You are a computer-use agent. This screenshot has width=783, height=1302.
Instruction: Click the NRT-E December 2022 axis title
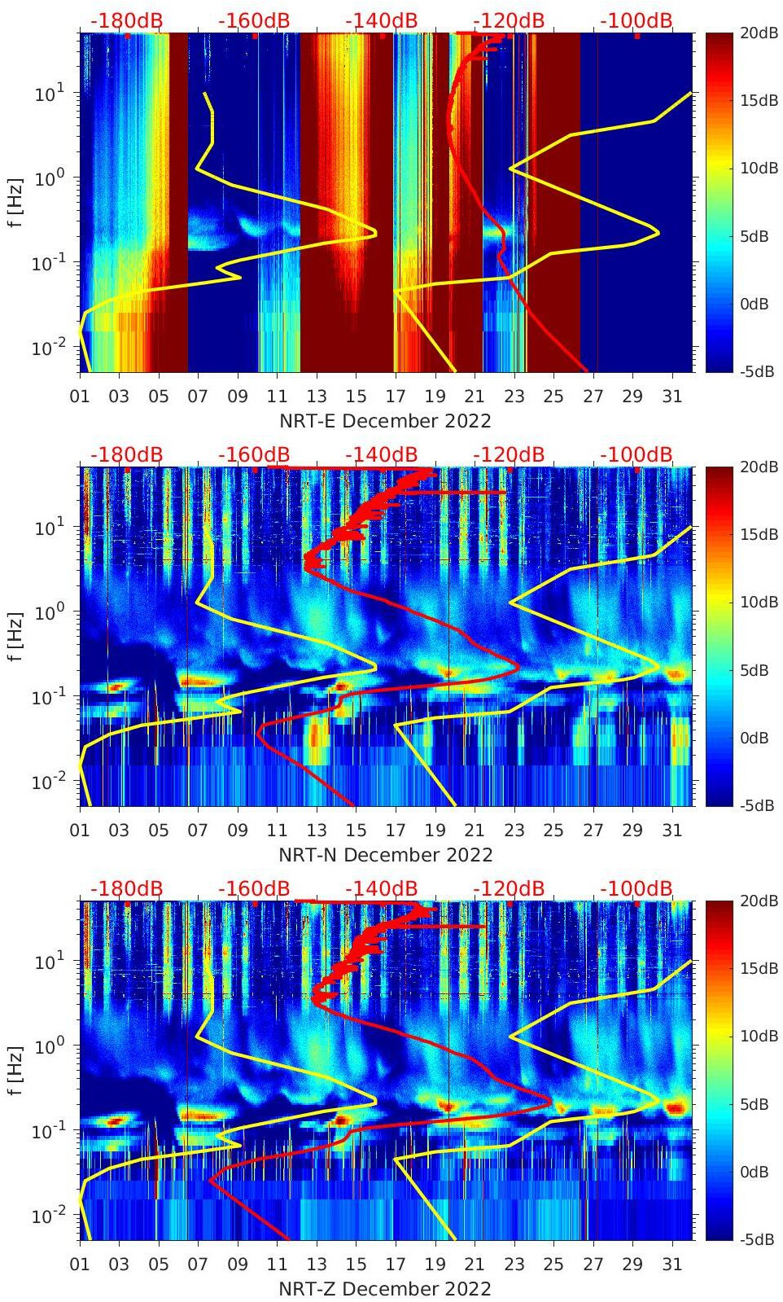(385, 421)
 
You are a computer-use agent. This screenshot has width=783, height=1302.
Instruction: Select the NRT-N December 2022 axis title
(385, 855)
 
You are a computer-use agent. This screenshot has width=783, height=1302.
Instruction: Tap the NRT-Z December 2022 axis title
(385, 1289)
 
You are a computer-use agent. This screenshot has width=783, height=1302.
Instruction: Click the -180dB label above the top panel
(126, 20)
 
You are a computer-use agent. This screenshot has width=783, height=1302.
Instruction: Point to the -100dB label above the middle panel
(636, 454)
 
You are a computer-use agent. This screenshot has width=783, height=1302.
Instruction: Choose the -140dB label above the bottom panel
(381, 888)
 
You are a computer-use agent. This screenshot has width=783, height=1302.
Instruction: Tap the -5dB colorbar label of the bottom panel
(756, 1240)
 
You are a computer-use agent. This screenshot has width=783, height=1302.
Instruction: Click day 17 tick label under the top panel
(396, 397)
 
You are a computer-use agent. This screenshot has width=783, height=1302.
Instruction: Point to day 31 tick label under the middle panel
(671, 831)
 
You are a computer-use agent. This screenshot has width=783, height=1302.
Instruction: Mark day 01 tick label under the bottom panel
(80, 1265)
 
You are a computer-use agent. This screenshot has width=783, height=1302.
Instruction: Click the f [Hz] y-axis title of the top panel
(15, 202)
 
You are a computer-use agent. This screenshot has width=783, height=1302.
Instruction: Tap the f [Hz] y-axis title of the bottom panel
(15, 1070)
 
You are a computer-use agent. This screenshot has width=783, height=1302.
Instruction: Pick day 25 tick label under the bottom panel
(553, 1265)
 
